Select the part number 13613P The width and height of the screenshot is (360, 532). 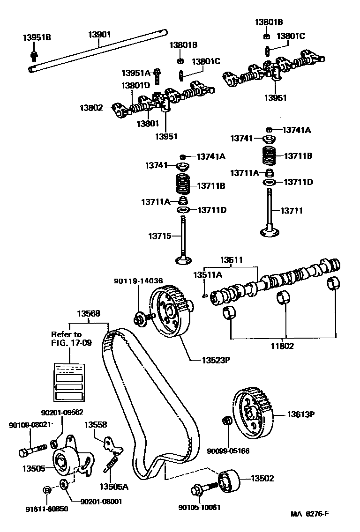(300, 414)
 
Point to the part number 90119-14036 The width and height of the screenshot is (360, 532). (138, 281)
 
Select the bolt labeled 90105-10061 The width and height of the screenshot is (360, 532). (203, 490)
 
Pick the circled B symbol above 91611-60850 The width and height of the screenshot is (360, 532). (47, 490)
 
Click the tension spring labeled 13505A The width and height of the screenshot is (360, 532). (111, 465)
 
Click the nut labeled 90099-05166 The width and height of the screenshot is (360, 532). (226, 421)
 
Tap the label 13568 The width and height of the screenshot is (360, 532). (89, 314)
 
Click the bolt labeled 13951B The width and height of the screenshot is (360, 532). (34, 56)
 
